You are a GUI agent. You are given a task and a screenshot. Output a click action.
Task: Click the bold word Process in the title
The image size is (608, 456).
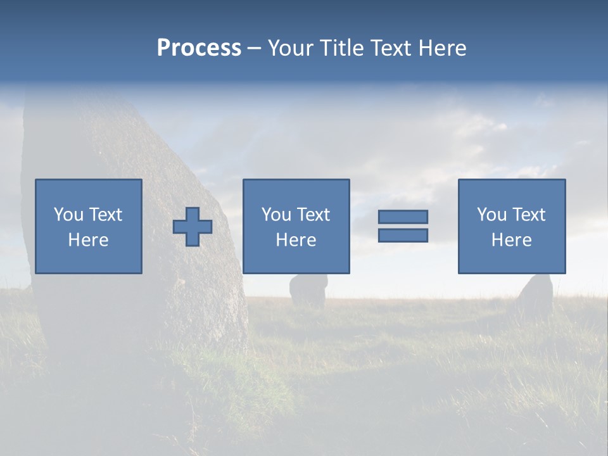(x=199, y=48)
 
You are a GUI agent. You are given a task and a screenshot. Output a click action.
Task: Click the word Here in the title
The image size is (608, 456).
(x=442, y=48)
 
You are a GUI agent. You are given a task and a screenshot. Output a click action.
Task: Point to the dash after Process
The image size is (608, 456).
(x=254, y=48)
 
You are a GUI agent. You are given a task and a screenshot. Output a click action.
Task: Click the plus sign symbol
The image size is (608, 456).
(x=193, y=227)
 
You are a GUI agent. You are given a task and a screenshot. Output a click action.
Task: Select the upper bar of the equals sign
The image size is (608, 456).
(x=403, y=217)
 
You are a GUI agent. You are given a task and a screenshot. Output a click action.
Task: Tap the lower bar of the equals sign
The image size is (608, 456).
(x=403, y=235)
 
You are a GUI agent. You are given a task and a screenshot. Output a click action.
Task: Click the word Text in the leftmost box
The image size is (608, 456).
(x=105, y=215)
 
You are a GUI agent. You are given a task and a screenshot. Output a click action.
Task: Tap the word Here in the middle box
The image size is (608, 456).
(x=296, y=240)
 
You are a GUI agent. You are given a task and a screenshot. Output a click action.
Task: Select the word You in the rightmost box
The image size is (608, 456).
(x=491, y=215)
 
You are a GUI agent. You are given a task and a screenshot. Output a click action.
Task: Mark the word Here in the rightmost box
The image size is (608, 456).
(x=512, y=240)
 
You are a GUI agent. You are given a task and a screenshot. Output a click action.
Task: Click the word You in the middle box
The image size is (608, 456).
(x=276, y=215)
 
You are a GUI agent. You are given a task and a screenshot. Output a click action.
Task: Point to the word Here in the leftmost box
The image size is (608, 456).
(x=89, y=240)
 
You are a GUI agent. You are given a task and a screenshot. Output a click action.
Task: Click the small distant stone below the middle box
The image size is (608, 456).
(x=308, y=291)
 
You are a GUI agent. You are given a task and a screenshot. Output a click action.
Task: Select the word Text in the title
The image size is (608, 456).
(x=388, y=48)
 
